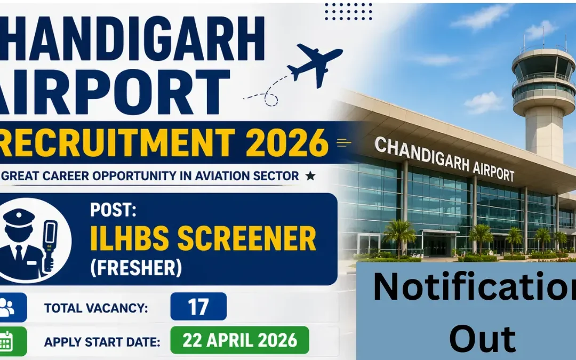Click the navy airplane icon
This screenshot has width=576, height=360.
point(314,63)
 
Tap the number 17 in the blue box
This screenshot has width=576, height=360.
point(198,307)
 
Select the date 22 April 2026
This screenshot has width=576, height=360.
point(240,340)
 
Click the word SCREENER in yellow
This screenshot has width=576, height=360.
point(246,238)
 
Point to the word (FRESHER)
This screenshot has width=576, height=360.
point(136,267)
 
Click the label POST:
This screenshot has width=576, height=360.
point(113,210)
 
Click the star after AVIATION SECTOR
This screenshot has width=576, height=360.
point(310,175)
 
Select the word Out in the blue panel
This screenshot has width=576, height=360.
point(482,340)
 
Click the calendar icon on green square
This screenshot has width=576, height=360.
point(6,341)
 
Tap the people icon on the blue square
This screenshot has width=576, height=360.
point(7,307)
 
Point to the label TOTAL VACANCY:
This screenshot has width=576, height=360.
point(96,308)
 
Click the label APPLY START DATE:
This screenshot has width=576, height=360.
point(102,342)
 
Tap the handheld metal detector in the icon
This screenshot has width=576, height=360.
point(49,244)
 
